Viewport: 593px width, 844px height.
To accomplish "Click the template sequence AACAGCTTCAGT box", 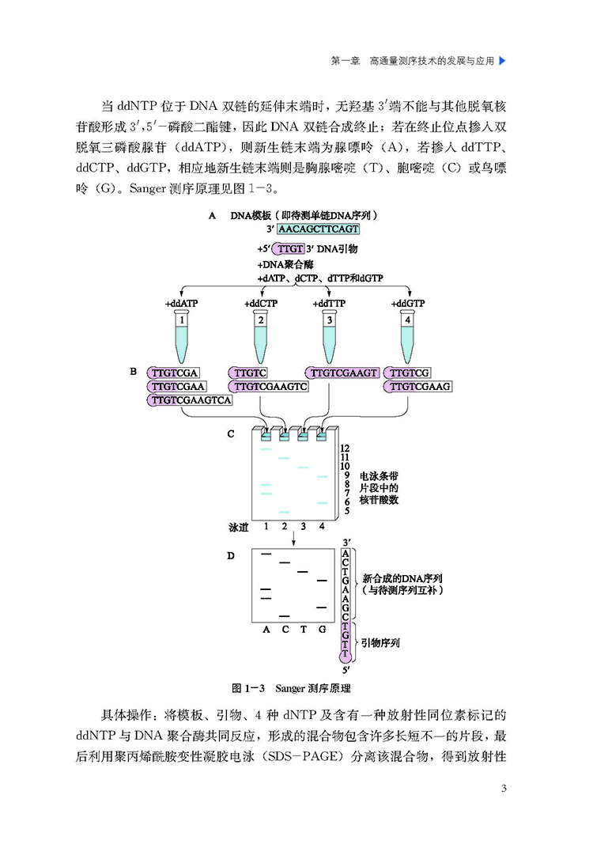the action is pyautogui.click(x=319, y=229).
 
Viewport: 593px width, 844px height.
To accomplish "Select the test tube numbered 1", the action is pyautogui.click(x=182, y=338).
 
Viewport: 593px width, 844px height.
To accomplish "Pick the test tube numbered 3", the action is pyautogui.click(x=330, y=338).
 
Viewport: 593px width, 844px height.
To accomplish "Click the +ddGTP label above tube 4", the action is pyautogui.click(x=408, y=304).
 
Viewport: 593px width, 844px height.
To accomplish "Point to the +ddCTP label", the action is pyautogui.click(x=261, y=304).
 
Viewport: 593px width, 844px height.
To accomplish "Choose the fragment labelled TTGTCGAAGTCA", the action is pyautogui.click(x=190, y=400).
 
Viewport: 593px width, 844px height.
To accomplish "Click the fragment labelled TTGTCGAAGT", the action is pyautogui.click(x=342, y=373).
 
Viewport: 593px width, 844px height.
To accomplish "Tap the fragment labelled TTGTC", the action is pyautogui.click(x=248, y=373).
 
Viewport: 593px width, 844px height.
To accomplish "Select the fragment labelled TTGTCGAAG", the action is pyautogui.click(x=417, y=387).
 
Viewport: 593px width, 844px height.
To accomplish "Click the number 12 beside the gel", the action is pyautogui.click(x=345, y=448).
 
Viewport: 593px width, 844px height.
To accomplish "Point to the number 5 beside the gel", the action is pyautogui.click(x=347, y=511).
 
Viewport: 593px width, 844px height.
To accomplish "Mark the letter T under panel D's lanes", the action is pyautogui.click(x=304, y=629).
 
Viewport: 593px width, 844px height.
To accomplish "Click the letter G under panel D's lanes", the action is pyautogui.click(x=323, y=629).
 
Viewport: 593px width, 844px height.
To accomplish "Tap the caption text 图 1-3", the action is pyautogui.click(x=248, y=688).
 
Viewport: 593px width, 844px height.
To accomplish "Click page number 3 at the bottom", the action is pyautogui.click(x=504, y=789).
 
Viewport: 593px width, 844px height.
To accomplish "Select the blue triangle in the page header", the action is pyautogui.click(x=503, y=61).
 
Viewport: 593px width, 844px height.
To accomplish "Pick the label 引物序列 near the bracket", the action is pyautogui.click(x=380, y=642).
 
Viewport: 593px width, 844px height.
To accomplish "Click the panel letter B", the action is pyautogui.click(x=134, y=372).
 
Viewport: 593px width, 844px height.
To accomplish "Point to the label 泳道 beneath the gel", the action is pyautogui.click(x=239, y=528).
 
